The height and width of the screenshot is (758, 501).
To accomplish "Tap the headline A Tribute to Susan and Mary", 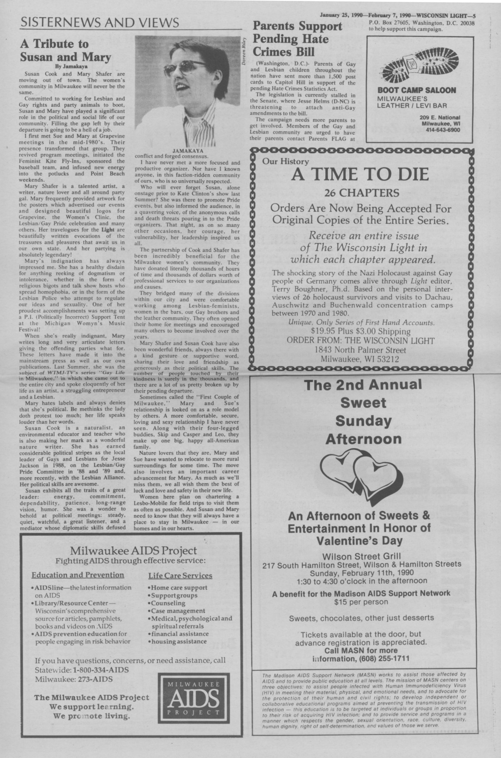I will tap(65, 50).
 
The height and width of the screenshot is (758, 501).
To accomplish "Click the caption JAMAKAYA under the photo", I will tap(188, 150).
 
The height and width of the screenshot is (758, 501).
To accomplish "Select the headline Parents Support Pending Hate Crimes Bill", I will tap(297, 39).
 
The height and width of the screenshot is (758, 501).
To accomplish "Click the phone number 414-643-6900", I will tap(443, 130).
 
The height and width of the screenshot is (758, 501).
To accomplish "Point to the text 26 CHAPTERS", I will tap(362, 193).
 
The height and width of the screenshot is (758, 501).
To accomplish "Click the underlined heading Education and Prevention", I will tap(78, 575).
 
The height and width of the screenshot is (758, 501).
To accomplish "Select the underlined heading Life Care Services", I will tap(180, 576).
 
